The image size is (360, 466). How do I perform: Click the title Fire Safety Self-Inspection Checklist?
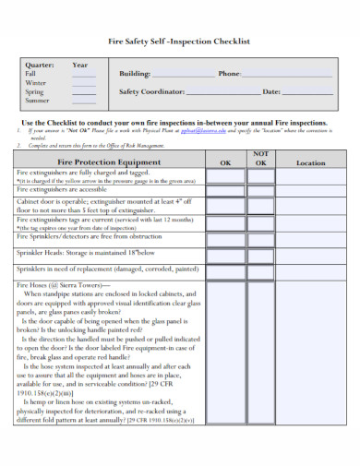(x=180, y=41)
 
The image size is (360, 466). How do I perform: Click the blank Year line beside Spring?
(x=84, y=94)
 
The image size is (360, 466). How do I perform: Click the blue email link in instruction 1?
(x=202, y=131)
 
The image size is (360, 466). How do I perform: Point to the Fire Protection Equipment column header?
(x=109, y=162)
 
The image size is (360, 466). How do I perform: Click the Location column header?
(x=310, y=162)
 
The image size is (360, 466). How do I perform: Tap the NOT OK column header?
(x=260, y=158)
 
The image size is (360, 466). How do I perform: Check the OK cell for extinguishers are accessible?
(x=226, y=190)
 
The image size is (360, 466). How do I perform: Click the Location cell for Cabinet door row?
(x=310, y=206)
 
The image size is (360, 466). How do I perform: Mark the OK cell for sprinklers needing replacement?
(x=226, y=270)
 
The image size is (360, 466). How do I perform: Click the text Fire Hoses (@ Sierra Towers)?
(x=55, y=286)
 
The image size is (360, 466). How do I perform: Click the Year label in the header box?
(x=80, y=65)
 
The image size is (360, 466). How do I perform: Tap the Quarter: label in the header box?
(x=40, y=65)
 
